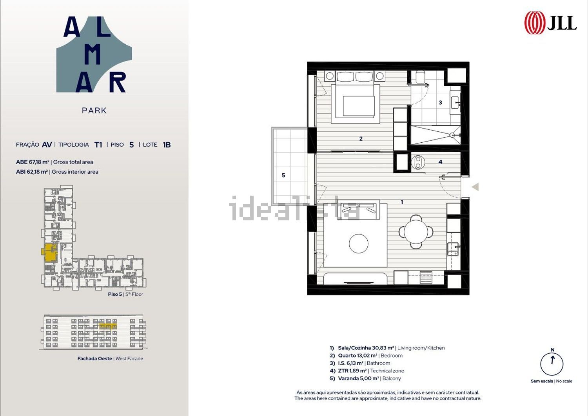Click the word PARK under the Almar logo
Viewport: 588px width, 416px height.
click(94, 111)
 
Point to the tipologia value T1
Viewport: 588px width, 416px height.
click(98, 145)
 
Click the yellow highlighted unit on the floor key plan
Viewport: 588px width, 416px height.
click(50, 253)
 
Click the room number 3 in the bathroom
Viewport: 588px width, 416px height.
click(441, 102)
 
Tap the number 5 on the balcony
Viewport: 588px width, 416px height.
click(283, 175)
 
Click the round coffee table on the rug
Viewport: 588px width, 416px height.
click(359, 243)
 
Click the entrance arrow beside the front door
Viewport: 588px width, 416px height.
click(475, 187)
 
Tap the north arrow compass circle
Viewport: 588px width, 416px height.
click(552, 364)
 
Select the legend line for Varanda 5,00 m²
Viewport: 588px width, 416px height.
click(365, 378)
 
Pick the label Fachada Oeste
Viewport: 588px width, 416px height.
click(95, 358)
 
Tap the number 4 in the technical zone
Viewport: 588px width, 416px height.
click(441, 162)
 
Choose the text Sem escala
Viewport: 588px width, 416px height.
click(542, 381)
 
